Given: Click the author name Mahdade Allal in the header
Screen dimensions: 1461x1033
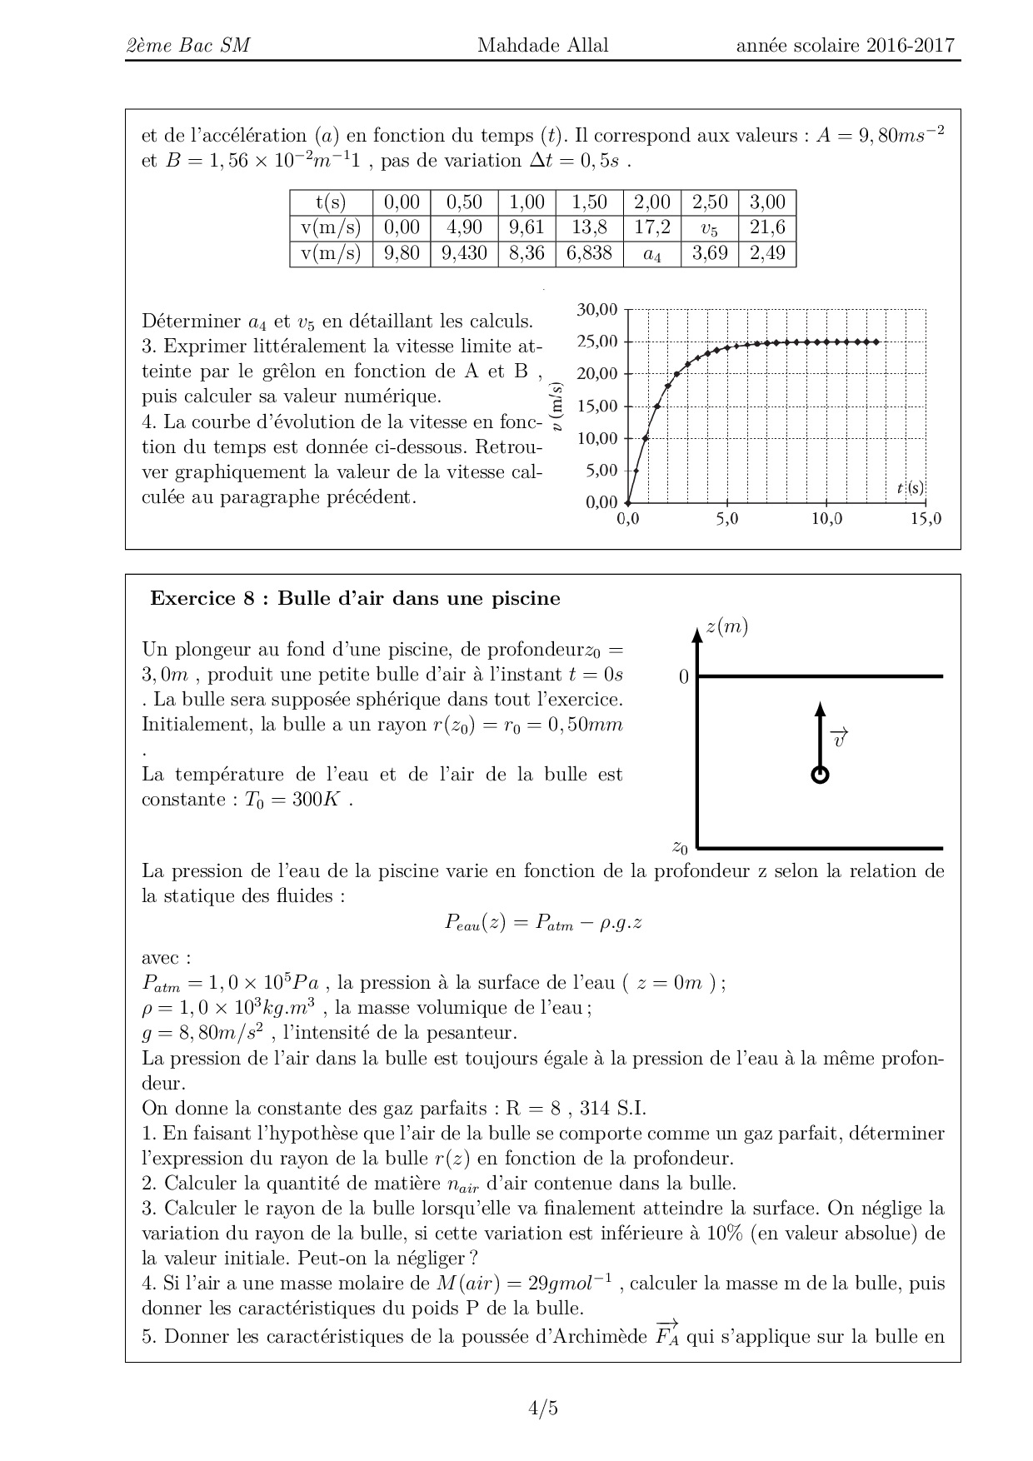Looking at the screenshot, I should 542,45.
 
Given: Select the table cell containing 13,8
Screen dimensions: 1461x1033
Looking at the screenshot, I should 589,227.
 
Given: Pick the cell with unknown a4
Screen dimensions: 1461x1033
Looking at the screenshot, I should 651,254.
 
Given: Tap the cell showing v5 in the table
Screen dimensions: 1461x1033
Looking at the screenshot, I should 710,228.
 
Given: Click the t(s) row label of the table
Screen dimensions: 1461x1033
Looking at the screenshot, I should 331,202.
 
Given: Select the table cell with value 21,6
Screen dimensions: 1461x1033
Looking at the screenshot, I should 767,227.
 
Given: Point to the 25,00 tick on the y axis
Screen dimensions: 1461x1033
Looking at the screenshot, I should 597,342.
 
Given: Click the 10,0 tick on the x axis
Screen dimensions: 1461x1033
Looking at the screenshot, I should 826,519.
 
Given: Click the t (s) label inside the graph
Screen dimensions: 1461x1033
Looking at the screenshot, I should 910,488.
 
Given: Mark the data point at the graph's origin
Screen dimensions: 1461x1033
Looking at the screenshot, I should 627,502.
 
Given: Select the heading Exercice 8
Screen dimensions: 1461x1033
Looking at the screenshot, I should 355,598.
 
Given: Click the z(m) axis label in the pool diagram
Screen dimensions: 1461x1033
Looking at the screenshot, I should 726,627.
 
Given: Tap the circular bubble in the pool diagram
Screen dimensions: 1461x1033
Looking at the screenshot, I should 820,775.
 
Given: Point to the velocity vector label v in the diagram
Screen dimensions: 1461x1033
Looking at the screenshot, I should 840,737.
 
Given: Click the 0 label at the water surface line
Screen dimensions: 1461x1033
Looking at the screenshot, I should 684,677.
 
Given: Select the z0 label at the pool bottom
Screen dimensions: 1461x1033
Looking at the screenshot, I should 680,848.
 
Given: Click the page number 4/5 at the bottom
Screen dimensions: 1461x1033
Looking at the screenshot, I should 542,1409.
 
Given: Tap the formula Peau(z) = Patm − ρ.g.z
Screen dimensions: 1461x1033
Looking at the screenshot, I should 542,922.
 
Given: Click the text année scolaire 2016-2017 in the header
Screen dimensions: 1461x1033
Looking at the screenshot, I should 845,45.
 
